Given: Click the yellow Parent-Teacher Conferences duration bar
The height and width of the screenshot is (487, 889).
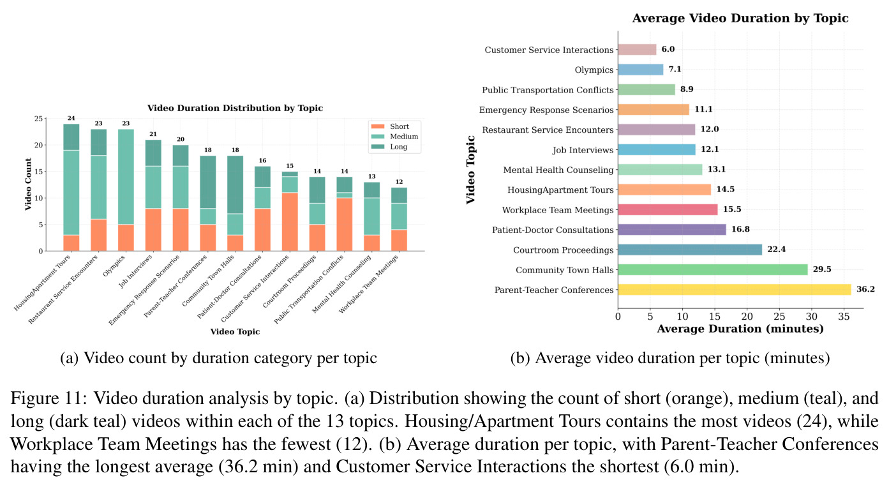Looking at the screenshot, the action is click(x=734, y=290).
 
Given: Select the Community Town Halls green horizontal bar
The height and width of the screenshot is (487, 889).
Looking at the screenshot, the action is click(x=713, y=270).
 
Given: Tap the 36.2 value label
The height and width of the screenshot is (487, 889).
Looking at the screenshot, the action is click(x=865, y=289).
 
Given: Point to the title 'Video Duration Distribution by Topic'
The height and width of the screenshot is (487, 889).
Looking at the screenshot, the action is click(x=235, y=108).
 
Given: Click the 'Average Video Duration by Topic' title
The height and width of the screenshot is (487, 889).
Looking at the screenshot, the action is click(x=740, y=19).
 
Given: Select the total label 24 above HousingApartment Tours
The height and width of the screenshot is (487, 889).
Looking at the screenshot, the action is click(x=71, y=118).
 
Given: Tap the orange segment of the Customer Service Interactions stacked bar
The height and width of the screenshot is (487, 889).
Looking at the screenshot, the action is click(x=290, y=222).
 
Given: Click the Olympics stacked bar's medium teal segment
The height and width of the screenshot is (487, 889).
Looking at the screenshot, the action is click(x=126, y=177).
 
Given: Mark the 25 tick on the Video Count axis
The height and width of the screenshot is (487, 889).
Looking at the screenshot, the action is click(x=38, y=119).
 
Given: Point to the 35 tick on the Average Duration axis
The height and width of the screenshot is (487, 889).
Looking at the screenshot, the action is click(x=844, y=317).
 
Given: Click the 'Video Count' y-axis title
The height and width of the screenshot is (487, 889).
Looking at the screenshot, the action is click(x=28, y=184).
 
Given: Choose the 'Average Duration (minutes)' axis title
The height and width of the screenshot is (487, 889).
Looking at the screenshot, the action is click(x=740, y=329).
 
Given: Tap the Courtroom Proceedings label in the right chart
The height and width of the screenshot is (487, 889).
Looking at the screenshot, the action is click(x=563, y=250).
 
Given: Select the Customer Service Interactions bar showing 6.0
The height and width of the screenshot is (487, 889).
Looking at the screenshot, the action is click(x=638, y=50).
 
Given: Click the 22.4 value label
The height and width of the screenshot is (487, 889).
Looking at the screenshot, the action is click(x=776, y=250).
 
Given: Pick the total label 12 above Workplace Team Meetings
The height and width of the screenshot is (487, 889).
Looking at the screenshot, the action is click(x=399, y=182).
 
